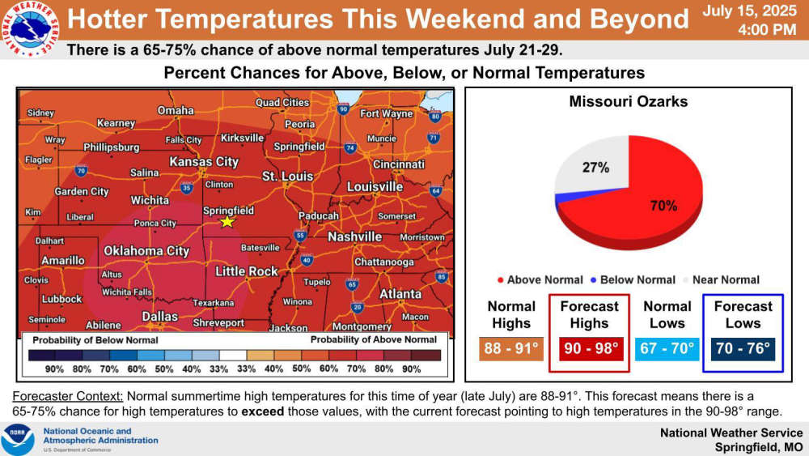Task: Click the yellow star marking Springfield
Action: (227, 222)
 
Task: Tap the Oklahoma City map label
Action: (146, 251)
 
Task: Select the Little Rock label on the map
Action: (247, 271)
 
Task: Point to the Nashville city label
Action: (355, 237)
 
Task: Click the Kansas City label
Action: (205, 162)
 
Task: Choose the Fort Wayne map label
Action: (387, 113)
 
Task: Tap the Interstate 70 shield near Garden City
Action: (80, 170)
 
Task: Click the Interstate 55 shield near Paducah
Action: (300, 235)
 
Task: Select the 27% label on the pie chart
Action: (596, 168)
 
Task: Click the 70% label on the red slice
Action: (663, 206)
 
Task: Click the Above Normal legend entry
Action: (540, 280)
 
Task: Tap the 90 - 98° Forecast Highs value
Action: (591, 348)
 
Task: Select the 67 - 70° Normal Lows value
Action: (667, 348)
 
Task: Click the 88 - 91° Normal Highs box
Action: (510, 348)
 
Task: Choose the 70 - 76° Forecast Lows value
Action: (743, 348)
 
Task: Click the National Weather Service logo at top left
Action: (30, 28)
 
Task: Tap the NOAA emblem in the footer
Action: (18, 439)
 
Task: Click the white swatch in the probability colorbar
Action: (233, 356)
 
